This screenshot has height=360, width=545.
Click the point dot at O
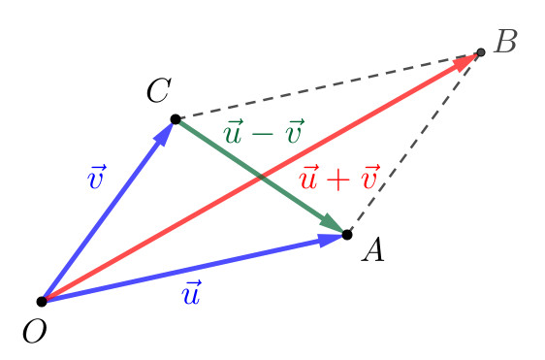42,302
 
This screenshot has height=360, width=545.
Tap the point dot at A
347,234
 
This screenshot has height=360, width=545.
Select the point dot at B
480,51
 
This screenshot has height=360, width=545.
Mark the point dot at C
176,119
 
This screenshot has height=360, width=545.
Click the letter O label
33,331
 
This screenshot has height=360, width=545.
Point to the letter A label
373,252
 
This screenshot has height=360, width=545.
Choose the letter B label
505,42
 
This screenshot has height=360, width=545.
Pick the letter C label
159,92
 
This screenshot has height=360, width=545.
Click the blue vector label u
191,292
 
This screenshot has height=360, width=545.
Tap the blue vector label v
96,179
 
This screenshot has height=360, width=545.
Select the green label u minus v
263,132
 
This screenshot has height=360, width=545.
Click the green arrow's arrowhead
333,224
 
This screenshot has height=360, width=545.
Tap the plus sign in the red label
339,180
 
